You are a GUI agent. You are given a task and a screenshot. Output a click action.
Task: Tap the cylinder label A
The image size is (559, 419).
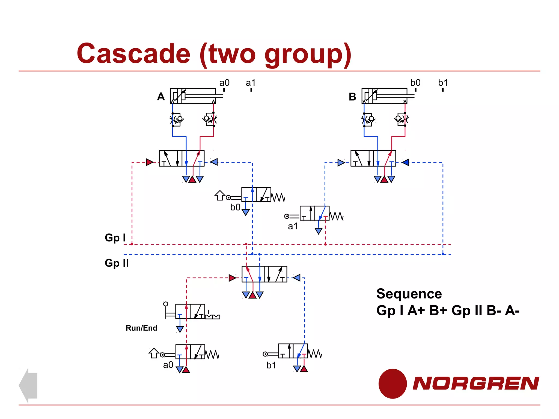(161, 97)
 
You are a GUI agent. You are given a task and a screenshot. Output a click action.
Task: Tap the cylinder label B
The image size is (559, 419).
(352, 97)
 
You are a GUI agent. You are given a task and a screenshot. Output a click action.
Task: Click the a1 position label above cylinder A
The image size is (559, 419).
(251, 83)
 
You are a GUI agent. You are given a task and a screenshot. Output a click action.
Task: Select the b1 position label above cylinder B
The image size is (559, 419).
(443, 83)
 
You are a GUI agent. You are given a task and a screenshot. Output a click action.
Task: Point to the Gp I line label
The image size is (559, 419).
(115, 238)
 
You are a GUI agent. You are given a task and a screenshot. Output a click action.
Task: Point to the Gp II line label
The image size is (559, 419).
(117, 263)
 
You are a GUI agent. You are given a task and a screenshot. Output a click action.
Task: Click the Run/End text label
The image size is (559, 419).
(141, 328)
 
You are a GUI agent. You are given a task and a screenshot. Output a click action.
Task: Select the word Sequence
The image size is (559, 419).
(409, 294)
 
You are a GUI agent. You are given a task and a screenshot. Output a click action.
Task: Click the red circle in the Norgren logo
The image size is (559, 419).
(393, 384)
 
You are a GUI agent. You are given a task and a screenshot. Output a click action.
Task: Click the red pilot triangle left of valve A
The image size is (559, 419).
(149, 162)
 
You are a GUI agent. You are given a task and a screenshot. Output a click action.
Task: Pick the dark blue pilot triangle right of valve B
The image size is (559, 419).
(406, 163)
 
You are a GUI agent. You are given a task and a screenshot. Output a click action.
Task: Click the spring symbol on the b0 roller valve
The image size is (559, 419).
(278, 197)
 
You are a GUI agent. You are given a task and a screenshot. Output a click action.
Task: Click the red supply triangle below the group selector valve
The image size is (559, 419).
(252, 295)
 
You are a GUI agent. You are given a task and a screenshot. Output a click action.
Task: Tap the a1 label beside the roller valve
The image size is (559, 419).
(293, 226)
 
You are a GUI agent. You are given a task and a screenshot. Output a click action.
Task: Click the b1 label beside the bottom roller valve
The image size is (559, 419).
(271, 365)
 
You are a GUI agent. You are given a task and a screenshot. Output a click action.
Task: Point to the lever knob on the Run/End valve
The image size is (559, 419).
(166, 304)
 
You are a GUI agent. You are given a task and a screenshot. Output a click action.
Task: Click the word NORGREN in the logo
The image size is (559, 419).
(475, 383)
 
